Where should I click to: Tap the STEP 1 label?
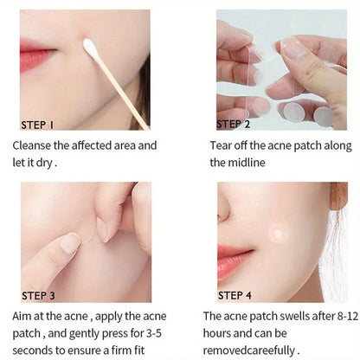click(37, 125)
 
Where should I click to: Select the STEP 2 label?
click(233, 124)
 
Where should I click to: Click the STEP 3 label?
click(38, 296)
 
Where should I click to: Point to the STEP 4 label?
click(235, 296)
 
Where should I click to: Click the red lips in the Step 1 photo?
click(36, 55)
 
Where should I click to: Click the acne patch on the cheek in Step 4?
click(279, 233)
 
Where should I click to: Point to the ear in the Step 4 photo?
click(338, 196)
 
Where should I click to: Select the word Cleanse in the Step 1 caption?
click(31, 145)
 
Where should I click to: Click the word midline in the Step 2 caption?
click(247, 163)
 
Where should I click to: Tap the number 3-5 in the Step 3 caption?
click(154, 333)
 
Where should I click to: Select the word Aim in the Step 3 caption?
click(22, 317)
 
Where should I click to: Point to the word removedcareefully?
click(249, 350)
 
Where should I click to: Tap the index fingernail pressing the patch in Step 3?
click(69, 243)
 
